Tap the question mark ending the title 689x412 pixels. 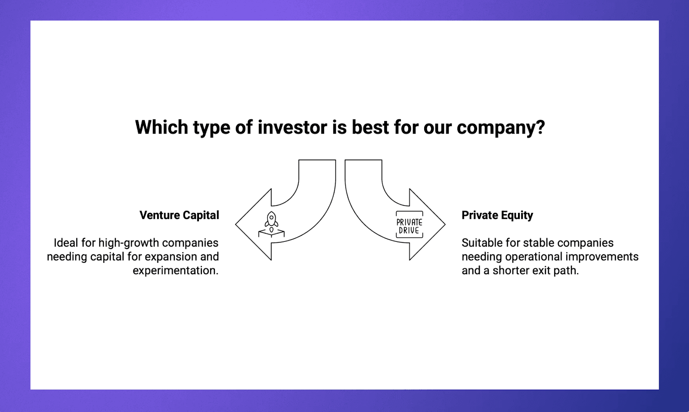540,128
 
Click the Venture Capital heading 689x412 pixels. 179,215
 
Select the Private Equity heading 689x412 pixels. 497,215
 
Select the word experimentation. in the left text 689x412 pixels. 175,271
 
